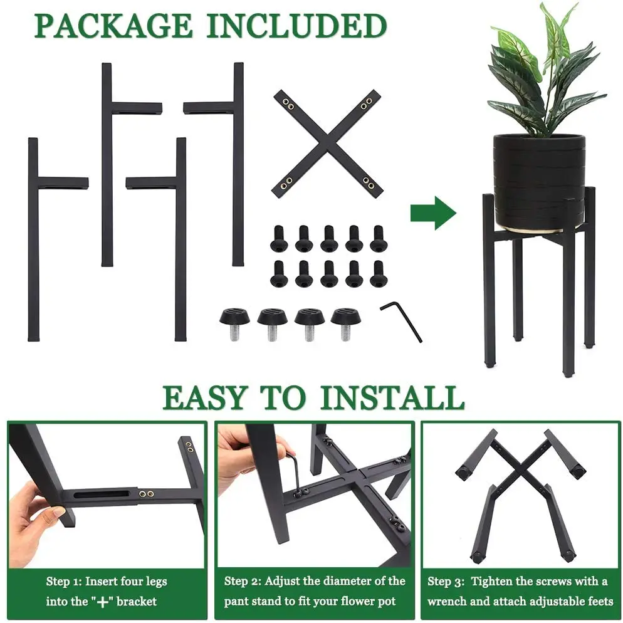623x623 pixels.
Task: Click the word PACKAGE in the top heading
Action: pos(113,26)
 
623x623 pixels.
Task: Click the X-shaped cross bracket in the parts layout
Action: pos(327,144)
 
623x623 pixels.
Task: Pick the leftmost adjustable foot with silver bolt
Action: pos(234,320)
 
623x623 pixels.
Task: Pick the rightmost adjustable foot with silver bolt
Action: pos(346,320)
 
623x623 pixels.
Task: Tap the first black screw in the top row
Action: pos(278,239)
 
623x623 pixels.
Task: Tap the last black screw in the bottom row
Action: pos(377,273)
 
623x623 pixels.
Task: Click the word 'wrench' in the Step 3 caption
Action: pos(448,601)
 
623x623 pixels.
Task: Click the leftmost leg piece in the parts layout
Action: pos(34,238)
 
